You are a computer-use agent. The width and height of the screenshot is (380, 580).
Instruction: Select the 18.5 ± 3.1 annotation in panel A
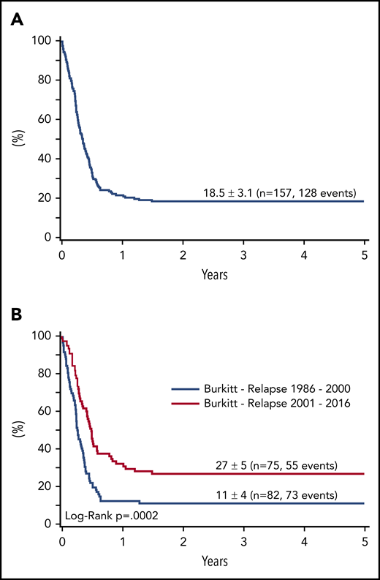[279, 194]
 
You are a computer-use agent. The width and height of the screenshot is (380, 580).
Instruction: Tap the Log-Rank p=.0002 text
[107, 515]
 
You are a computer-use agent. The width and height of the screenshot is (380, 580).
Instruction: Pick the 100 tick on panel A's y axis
[44, 40]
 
